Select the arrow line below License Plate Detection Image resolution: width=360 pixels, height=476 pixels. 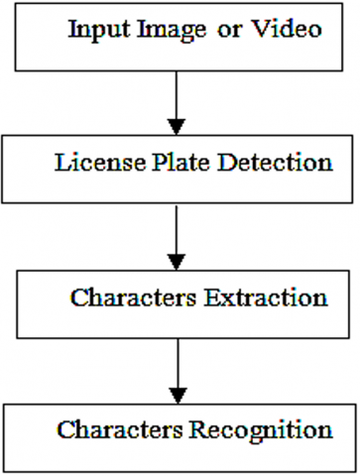176,223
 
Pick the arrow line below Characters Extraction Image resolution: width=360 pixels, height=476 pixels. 176,357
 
